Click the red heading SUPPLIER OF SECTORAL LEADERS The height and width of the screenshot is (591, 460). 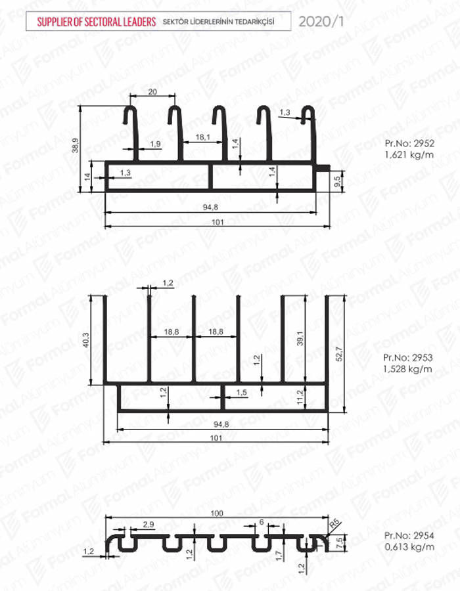coord(96,22)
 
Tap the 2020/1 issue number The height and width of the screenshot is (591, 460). coord(321,22)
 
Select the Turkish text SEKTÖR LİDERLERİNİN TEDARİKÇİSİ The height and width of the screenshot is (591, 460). coord(218,22)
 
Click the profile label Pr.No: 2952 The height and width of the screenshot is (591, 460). coord(409,143)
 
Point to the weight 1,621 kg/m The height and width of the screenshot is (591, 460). coord(409,154)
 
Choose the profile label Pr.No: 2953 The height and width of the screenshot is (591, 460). coord(407,357)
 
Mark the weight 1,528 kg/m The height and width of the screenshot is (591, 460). coord(407,368)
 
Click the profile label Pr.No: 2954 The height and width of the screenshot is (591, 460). coord(409,535)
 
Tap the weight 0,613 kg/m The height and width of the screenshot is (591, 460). coord(409,546)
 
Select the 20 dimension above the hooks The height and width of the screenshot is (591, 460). coord(152,91)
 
